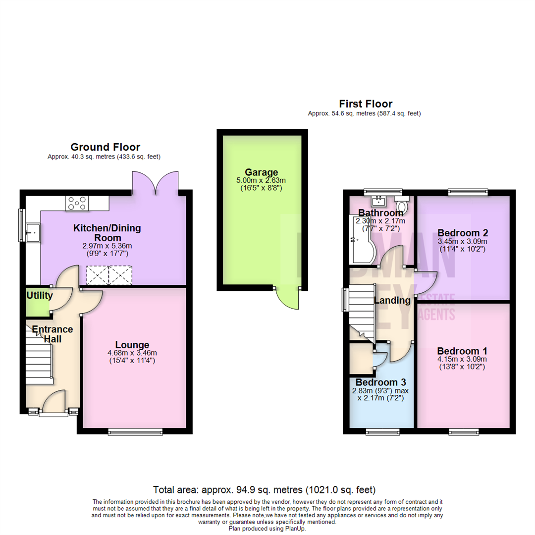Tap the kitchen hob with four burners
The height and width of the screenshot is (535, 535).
tap(77, 203)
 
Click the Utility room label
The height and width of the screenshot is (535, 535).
tap(39, 296)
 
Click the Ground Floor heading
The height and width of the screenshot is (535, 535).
tap(105, 147)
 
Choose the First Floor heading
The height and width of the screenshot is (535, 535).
tap(366, 104)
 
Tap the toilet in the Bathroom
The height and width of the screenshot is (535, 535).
tap(402, 204)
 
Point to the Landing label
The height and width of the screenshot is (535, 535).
tap(392, 300)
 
